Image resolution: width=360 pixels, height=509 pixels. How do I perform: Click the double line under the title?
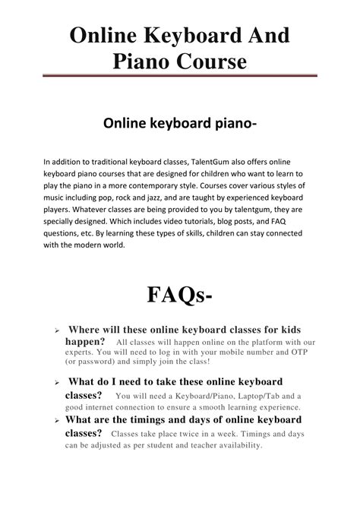pyautogui.click(x=179, y=75)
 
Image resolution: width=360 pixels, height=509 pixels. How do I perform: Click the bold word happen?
pyautogui.click(x=87, y=342)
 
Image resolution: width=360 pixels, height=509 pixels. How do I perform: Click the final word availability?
pyautogui.click(x=229, y=444)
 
